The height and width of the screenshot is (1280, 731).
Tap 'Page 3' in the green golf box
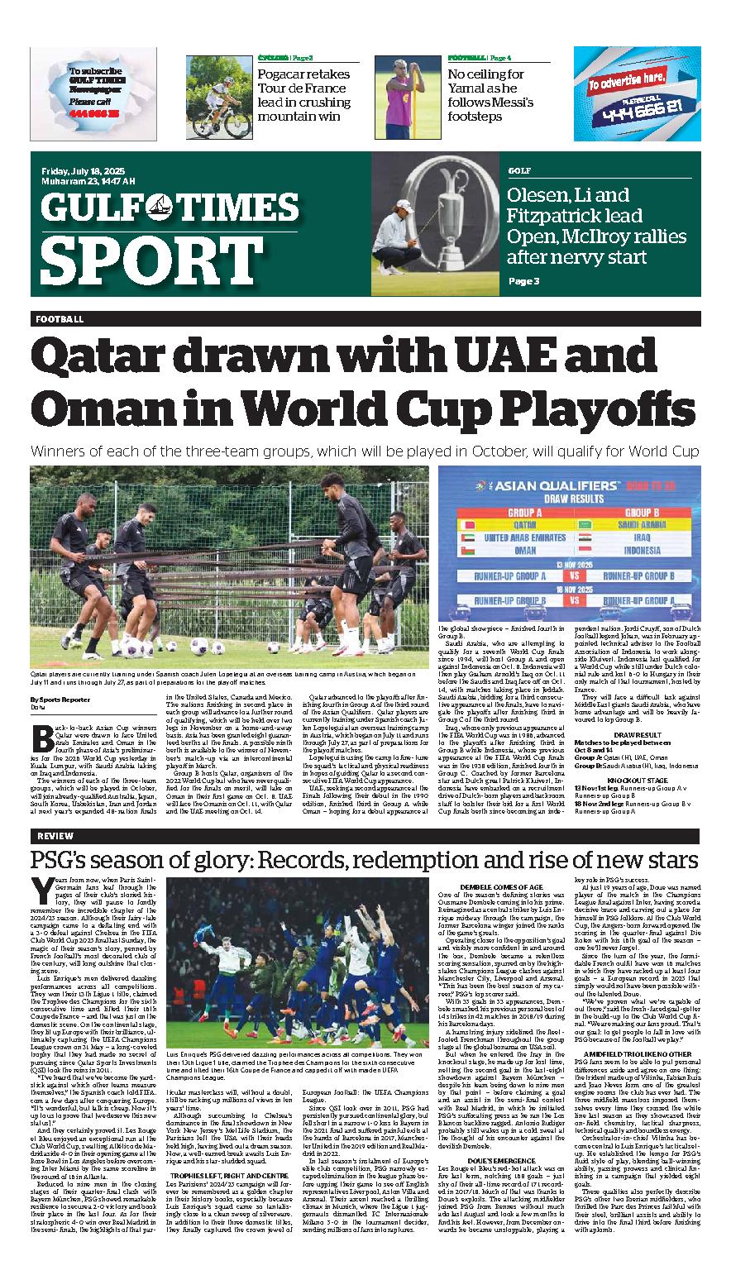523,281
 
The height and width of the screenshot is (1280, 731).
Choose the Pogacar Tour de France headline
303,95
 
